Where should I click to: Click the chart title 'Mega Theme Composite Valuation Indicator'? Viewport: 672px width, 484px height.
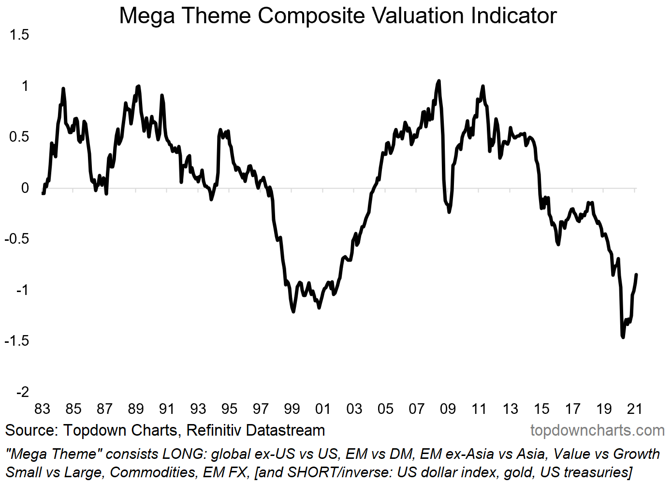point(337,15)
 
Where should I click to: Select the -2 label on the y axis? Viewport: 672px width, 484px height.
point(22,392)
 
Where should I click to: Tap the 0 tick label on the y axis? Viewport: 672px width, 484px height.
point(25,188)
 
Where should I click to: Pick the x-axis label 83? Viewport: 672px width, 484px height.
point(42,409)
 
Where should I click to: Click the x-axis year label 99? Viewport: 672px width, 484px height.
point(292,409)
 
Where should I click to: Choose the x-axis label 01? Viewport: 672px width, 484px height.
point(323,409)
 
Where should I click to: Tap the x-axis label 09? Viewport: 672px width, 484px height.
point(448,409)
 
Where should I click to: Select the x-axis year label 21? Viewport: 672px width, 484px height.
point(634,409)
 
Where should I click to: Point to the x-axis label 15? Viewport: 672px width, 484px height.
point(541,409)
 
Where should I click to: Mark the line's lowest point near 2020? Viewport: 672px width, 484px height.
point(623,337)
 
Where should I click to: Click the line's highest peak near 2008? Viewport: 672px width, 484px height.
point(438,81)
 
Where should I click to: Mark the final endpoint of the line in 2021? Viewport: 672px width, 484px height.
point(637,275)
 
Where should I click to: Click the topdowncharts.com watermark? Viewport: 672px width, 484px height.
point(597,430)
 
